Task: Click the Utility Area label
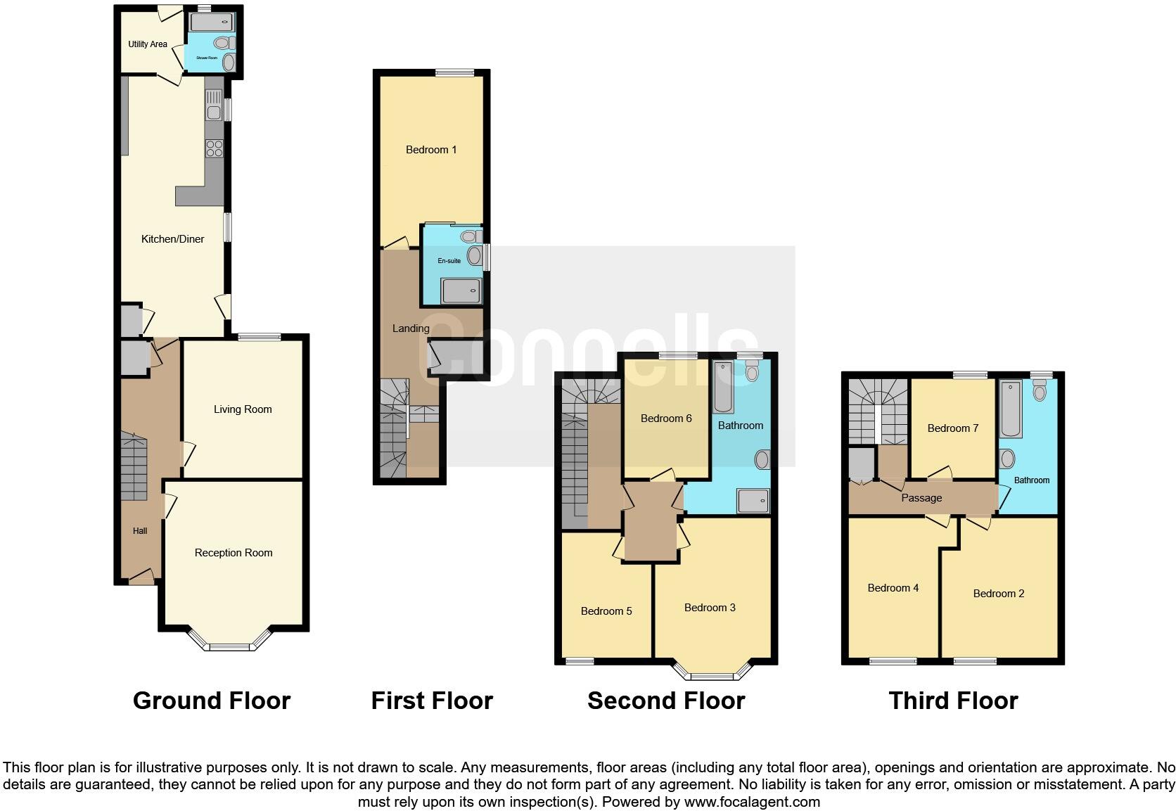click(147, 44)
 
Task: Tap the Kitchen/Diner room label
click(172, 239)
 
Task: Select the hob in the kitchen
click(215, 148)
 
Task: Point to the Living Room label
click(243, 409)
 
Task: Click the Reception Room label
click(234, 553)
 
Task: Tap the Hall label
click(140, 531)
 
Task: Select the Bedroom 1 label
click(431, 150)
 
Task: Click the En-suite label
click(449, 261)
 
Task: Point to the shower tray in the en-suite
click(461, 290)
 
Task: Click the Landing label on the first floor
click(411, 328)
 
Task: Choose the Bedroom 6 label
click(666, 419)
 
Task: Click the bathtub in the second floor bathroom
click(723, 387)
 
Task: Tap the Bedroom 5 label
click(606, 611)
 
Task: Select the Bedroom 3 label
click(710, 608)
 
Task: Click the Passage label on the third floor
click(921, 498)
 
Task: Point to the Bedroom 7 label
click(953, 428)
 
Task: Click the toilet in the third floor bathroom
click(1040, 389)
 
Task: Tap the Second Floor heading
click(665, 701)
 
